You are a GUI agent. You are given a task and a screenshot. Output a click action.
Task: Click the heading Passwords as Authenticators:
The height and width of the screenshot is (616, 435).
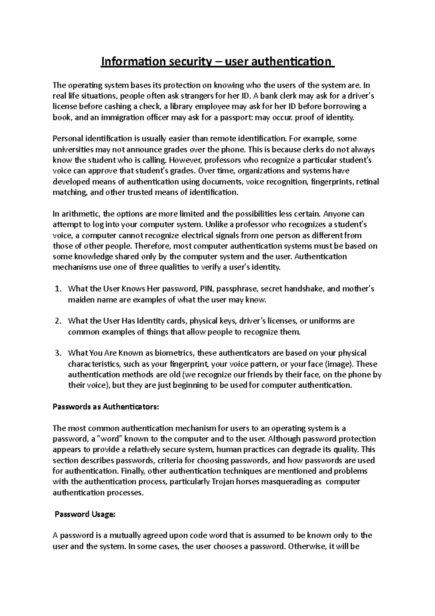pyautogui.click(x=106, y=407)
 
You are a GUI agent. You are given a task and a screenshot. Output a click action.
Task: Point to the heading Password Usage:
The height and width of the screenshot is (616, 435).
pyautogui.click(x=84, y=514)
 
